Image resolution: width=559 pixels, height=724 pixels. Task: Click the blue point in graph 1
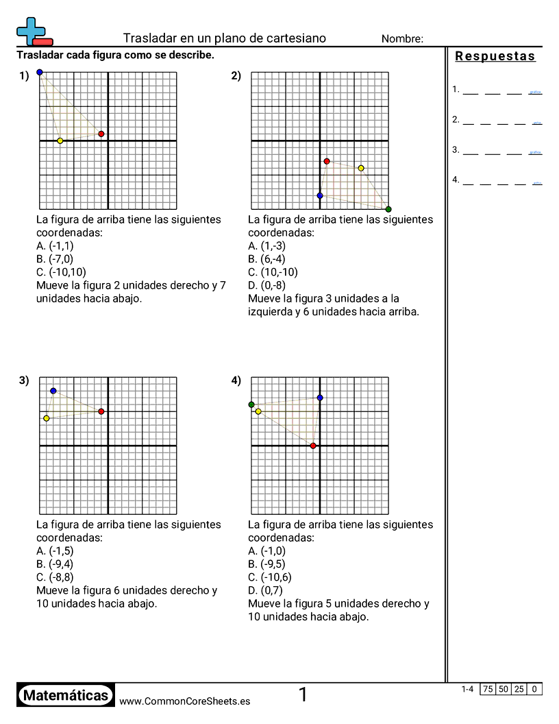[40, 72]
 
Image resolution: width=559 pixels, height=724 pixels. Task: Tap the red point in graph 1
[101, 134]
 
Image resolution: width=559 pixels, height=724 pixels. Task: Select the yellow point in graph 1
[60, 141]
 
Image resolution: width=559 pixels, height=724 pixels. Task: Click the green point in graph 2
[388, 209]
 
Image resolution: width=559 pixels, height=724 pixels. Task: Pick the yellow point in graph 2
[361, 168]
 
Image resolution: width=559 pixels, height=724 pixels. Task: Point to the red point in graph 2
[327, 161]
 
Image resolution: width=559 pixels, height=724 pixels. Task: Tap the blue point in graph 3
[53, 391]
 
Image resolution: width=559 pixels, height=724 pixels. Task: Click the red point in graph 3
[101, 411]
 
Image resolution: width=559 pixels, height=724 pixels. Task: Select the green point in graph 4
[251, 405]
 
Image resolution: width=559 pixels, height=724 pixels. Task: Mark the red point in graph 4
[313, 446]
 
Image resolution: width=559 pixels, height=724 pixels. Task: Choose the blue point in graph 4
[320, 398]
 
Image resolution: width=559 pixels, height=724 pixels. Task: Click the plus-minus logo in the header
[34, 32]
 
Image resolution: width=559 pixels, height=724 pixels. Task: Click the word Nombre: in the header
[402, 39]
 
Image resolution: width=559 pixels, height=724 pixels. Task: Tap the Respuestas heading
[495, 56]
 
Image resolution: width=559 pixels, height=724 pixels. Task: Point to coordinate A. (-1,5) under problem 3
[55, 551]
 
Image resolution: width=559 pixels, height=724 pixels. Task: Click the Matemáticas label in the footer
[66, 696]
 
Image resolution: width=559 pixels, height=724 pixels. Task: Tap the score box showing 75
[488, 689]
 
